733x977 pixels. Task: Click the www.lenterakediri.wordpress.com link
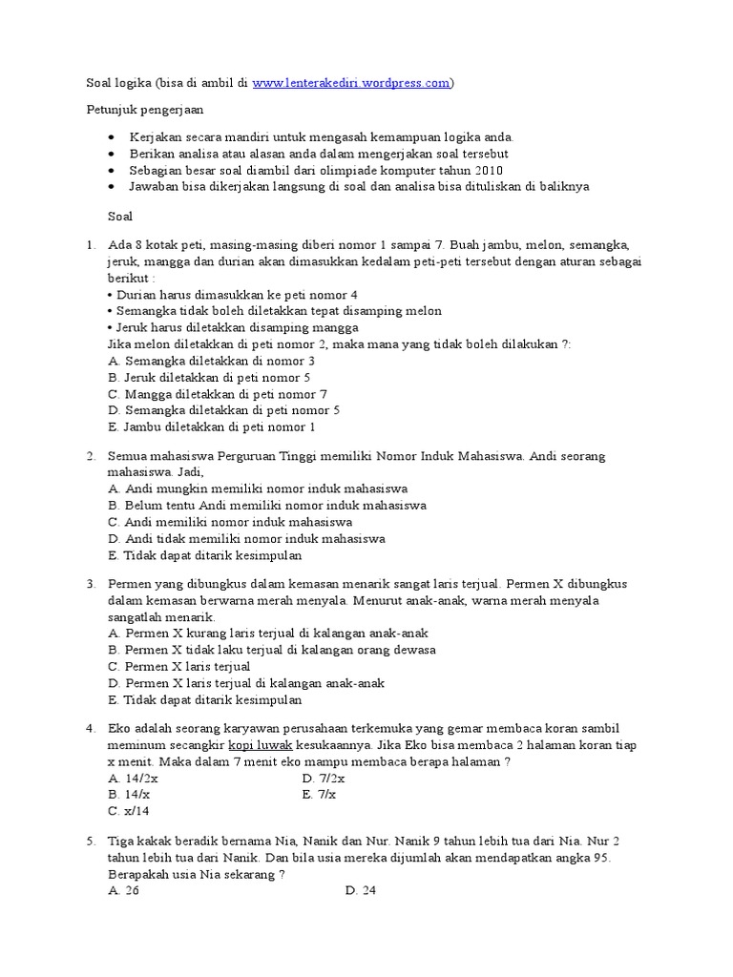[351, 83]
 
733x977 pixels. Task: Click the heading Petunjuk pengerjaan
[141, 111]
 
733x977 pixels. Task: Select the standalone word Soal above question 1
[120, 217]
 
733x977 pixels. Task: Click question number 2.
[91, 456]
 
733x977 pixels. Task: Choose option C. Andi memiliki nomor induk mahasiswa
[230, 522]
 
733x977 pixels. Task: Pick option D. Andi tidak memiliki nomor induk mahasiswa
[246, 538]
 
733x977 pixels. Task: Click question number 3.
[91, 583]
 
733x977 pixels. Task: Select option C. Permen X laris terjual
[179, 666]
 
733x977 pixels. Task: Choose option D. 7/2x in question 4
[324, 778]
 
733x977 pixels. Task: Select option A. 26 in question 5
[124, 891]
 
